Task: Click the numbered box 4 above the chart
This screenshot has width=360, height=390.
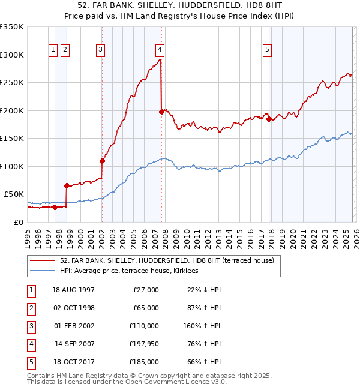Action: [x=160, y=50]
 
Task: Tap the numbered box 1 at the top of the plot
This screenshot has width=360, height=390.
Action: [x=54, y=50]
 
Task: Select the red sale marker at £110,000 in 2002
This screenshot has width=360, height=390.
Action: [x=102, y=161]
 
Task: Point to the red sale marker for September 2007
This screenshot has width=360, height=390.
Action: [x=161, y=112]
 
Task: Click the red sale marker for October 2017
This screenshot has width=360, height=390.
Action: [x=268, y=119]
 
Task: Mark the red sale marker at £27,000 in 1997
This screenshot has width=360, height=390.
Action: [x=55, y=208]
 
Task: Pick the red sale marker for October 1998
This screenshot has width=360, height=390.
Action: [x=67, y=186]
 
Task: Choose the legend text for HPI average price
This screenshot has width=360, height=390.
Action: [x=133, y=271]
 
